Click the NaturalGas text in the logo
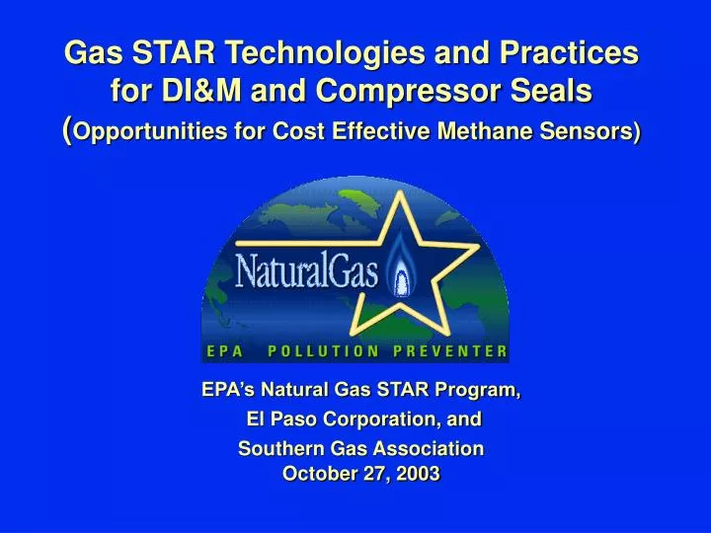point(306,269)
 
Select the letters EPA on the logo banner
point(225,350)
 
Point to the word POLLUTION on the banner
point(323,350)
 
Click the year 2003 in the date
point(418,474)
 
